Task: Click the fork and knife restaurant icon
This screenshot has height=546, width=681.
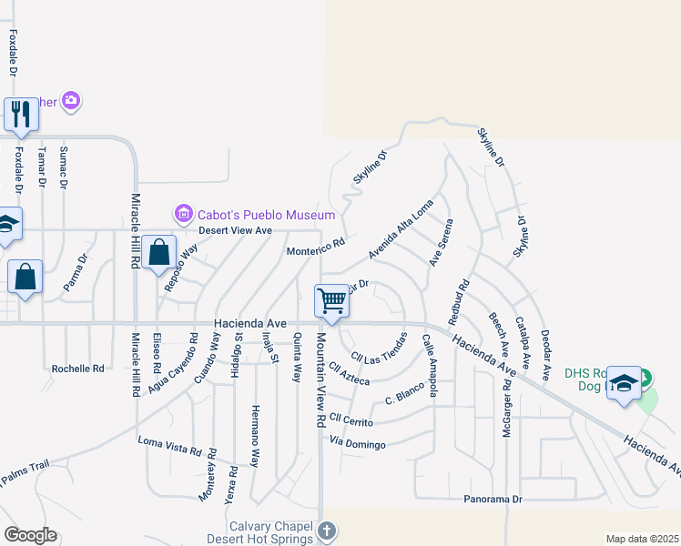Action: (x=20, y=114)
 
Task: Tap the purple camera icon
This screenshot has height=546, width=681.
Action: (x=72, y=101)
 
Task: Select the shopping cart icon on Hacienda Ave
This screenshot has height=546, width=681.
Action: (x=331, y=299)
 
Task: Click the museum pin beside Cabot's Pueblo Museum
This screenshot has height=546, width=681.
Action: (x=183, y=215)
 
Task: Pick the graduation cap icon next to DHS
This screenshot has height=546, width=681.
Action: (x=624, y=382)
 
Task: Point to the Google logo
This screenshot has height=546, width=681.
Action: (x=30, y=535)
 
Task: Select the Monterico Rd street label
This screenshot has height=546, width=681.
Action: (x=316, y=246)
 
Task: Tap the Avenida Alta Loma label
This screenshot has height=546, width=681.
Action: (x=401, y=234)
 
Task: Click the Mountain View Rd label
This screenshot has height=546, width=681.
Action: (x=320, y=380)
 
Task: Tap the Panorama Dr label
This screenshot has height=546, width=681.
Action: (x=493, y=499)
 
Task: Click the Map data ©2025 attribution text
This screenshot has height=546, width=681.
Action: (x=642, y=539)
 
